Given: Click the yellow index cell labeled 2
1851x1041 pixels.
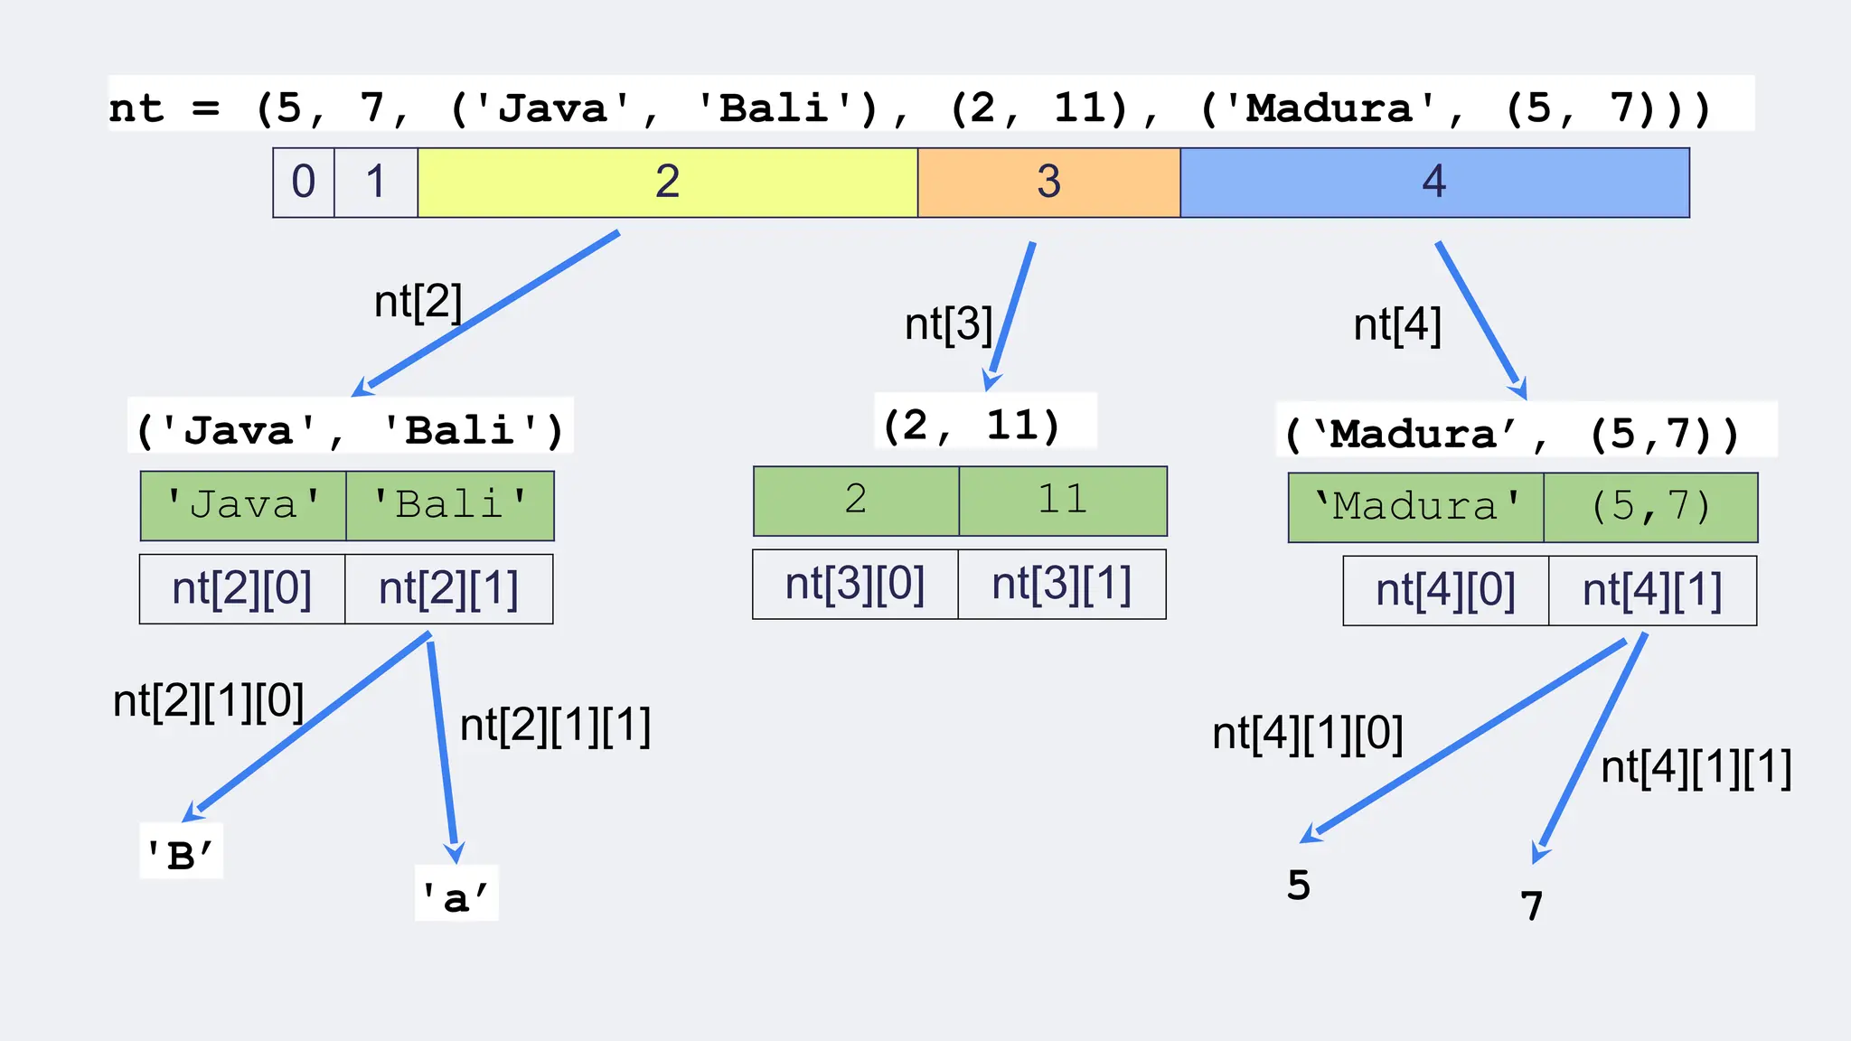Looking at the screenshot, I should tap(667, 183).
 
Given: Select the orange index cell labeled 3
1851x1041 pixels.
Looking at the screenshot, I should tap(1048, 183).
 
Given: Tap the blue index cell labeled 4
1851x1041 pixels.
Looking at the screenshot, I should tap(1434, 183).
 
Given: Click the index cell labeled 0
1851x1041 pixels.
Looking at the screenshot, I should tap(304, 183).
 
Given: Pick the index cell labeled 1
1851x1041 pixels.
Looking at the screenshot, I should tap(376, 183).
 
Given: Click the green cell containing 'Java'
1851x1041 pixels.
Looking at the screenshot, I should tap(243, 505).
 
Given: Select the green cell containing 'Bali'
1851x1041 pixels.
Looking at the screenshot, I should tap(450, 505).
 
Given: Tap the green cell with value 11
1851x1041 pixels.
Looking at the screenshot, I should tap(1063, 501).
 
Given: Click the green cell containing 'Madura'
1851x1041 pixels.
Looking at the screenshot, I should tap(1415, 507).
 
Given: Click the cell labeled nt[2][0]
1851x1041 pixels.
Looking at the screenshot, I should tap(242, 589).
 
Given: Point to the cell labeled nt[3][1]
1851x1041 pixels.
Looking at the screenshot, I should tap(1062, 585).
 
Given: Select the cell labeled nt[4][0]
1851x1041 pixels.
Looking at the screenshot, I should tap(1445, 591).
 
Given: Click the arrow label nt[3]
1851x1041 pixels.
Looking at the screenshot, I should tap(948, 324).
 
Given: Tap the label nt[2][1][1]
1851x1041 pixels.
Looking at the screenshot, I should tap(555, 726).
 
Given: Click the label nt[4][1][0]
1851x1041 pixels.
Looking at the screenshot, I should tap(1307, 734).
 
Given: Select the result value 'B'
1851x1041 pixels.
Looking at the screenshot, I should tap(181, 854).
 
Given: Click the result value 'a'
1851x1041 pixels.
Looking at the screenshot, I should tap(456, 896).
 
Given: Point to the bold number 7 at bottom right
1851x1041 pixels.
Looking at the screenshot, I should tap(1531, 906).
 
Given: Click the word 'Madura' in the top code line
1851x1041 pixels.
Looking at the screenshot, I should tap(1329, 108).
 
